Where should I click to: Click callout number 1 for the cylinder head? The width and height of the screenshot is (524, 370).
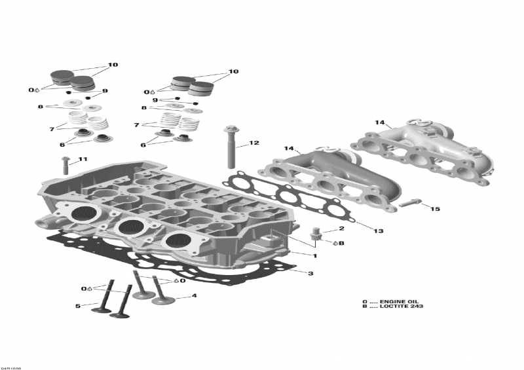314,255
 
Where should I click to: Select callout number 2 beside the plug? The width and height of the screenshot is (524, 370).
341,229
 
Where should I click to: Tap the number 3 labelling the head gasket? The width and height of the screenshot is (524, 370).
311,273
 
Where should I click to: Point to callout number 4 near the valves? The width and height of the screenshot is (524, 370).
194,296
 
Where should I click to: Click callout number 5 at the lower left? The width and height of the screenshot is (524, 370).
77,306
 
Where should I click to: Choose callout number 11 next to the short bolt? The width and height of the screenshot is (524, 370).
83,159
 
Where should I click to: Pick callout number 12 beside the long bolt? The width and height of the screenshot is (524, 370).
253,143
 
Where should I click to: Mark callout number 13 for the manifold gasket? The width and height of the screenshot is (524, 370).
378,231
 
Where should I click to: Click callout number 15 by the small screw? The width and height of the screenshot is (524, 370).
435,209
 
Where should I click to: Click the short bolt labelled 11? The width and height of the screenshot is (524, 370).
65,165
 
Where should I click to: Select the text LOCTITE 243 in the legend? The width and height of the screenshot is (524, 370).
402,306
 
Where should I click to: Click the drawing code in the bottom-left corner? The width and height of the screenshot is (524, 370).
11,366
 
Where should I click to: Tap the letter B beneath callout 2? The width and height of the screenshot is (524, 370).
341,243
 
